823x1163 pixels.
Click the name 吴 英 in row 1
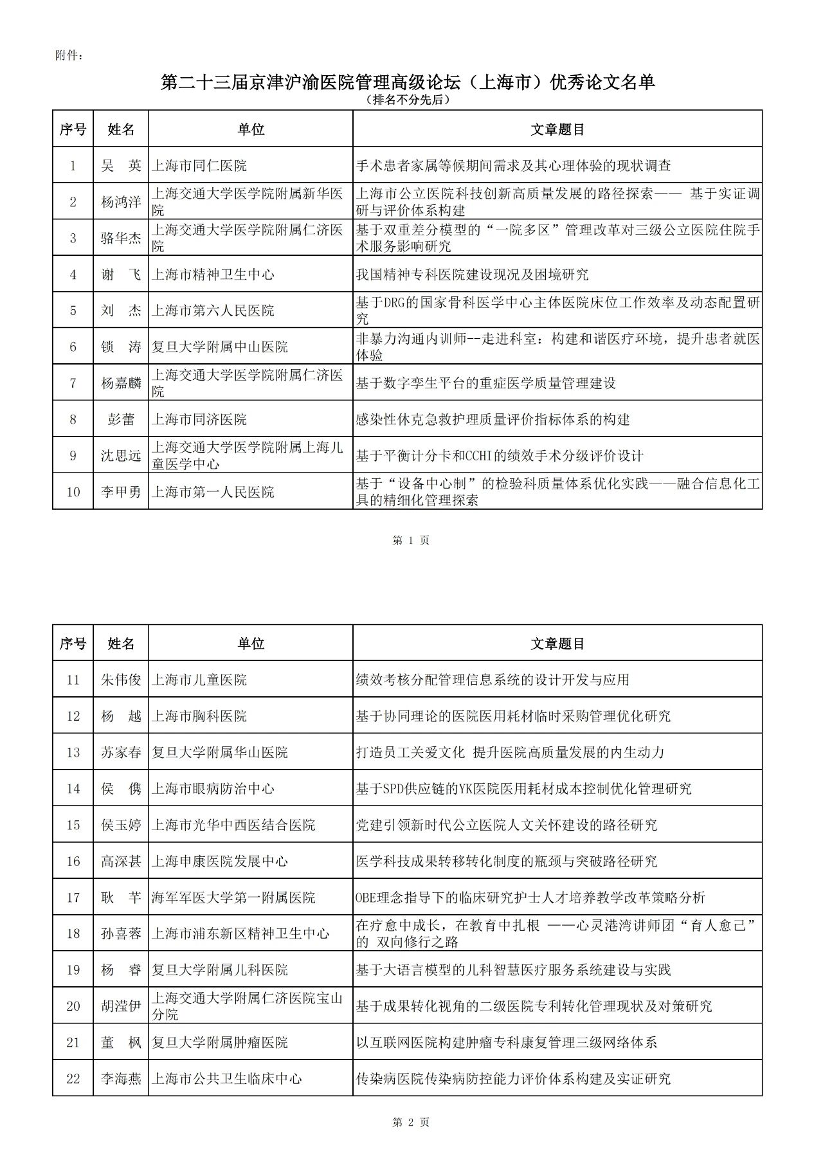(x=121, y=165)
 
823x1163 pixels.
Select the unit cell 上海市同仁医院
(x=199, y=165)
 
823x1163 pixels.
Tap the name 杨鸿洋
(x=121, y=202)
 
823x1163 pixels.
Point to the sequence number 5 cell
(x=73, y=311)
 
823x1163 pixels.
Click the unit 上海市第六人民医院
(x=213, y=311)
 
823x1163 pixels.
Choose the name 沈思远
(x=121, y=456)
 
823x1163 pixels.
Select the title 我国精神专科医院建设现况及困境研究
(x=473, y=275)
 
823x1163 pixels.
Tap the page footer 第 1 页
(x=411, y=541)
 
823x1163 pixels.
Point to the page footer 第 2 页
(x=411, y=1122)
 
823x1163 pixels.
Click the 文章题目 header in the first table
(x=557, y=129)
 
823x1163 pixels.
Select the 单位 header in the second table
(x=251, y=644)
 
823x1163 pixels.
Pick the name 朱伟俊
(x=121, y=680)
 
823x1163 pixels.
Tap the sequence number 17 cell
(x=73, y=897)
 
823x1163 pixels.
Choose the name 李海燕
(x=121, y=1079)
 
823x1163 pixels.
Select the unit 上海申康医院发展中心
(x=220, y=861)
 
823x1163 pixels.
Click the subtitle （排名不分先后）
(x=407, y=100)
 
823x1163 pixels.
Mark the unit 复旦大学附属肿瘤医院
(x=220, y=1042)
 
